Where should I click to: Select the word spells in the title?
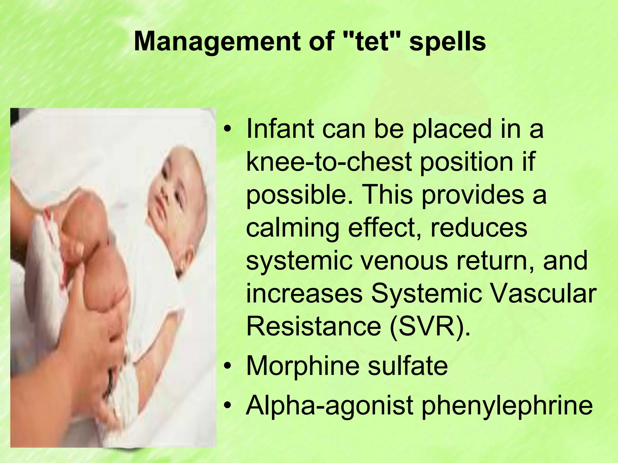pyautogui.click(x=448, y=42)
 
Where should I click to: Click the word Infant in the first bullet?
pyautogui.click(x=280, y=129)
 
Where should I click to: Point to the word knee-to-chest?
pyautogui.click(x=329, y=162)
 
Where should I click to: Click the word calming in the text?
pyautogui.click(x=293, y=228)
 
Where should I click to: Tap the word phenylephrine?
pyautogui.click(x=507, y=406)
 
